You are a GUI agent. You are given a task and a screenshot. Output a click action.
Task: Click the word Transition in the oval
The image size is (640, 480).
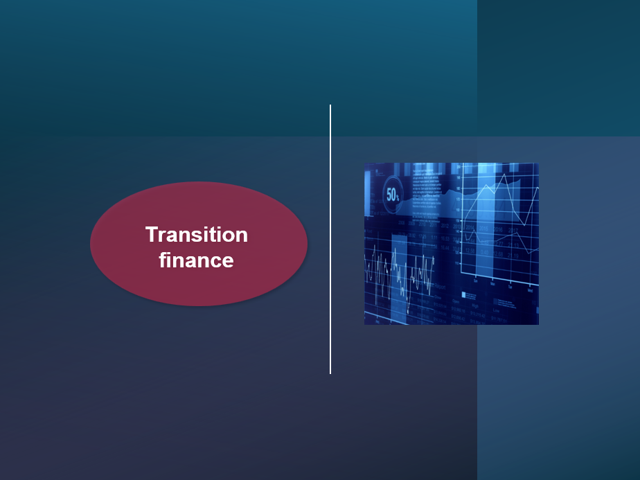197,235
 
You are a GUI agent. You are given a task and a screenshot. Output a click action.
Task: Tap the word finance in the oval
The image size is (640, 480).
197,260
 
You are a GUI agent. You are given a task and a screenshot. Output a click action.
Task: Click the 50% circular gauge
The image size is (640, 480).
393,195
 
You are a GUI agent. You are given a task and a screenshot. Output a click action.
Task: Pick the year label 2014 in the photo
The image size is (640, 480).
470,227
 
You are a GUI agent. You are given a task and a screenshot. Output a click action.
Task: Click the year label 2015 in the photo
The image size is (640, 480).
484,228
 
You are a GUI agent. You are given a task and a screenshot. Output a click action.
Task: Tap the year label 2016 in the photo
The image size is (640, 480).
498,229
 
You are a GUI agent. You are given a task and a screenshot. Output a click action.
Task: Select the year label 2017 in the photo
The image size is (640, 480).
513,231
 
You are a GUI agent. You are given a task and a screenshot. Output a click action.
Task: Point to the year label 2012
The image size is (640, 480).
445,226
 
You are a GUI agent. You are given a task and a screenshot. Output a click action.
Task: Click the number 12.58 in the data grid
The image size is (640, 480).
470,251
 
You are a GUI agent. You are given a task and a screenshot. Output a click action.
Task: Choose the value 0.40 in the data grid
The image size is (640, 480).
485,252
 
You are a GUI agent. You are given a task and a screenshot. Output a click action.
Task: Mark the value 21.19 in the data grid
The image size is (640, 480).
513,256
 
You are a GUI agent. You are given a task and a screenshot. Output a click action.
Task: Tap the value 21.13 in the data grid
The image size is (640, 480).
513,245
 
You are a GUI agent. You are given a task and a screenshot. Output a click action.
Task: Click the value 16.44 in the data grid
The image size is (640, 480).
445,248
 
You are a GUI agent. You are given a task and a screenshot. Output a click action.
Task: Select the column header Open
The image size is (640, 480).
456,300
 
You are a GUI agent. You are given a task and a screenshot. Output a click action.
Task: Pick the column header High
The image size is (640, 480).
475,304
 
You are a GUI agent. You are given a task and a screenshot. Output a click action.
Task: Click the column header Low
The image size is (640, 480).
496,310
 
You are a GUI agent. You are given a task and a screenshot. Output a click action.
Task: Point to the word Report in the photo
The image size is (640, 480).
441,287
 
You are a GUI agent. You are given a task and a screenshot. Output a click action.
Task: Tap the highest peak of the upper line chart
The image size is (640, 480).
504,175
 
